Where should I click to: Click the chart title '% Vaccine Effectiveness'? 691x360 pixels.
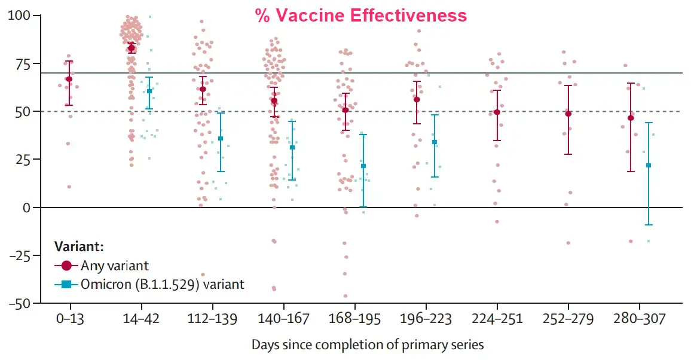tap(361, 16)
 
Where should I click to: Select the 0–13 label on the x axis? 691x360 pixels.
tap(70, 319)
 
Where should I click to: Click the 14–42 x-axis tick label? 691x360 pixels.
tap(141, 319)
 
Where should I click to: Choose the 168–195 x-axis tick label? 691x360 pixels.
tap(354, 319)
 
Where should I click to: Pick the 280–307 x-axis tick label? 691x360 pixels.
tap(639, 319)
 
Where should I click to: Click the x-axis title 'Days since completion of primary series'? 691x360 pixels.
tap(368, 344)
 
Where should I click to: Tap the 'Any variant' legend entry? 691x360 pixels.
tap(115, 265)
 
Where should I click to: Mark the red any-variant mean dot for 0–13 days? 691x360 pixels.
tap(69, 79)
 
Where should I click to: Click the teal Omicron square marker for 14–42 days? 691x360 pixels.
tap(149, 91)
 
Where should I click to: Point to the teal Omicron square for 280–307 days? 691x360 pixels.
tap(649, 165)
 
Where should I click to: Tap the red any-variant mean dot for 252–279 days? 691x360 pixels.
tap(568, 114)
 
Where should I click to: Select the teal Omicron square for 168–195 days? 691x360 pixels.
tap(363, 166)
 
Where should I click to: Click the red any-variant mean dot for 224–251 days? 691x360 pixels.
tap(497, 112)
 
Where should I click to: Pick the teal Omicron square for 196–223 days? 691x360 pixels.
tap(435, 142)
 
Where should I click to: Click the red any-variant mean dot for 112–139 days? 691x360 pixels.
tap(203, 89)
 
